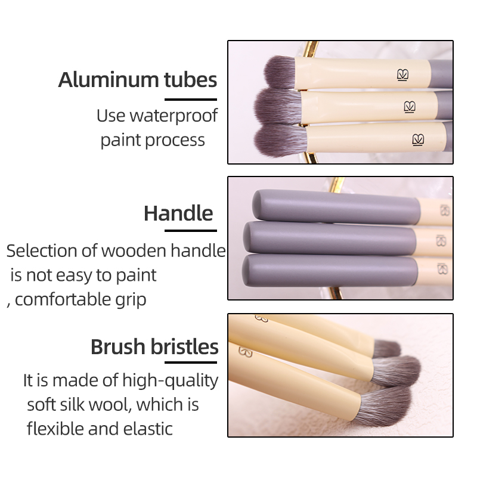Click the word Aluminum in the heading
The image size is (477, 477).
[x=109, y=80]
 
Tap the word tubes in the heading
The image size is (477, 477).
[x=190, y=80]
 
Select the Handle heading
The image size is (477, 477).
[x=178, y=213]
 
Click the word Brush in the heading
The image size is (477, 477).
[x=118, y=347]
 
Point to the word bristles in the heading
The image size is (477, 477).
[x=185, y=347]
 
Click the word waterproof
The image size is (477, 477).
[x=174, y=116]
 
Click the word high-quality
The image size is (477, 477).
[x=171, y=381]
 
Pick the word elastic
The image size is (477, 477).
[x=148, y=429]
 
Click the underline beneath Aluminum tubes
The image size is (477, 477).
[x=191, y=100]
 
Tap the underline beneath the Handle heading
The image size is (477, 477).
[x=191, y=231]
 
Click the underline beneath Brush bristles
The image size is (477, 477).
[x=191, y=363]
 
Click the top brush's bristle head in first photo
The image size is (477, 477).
[x=280, y=72]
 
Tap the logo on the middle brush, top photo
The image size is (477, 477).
[x=410, y=107]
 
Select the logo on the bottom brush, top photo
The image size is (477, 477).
[x=418, y=140]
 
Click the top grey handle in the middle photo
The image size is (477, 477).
[x=336, y=206]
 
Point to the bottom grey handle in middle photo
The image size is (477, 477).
[x=330, y=271]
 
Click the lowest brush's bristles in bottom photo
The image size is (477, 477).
[x=385, y=407]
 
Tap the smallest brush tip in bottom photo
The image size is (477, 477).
[x=386, y=349]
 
